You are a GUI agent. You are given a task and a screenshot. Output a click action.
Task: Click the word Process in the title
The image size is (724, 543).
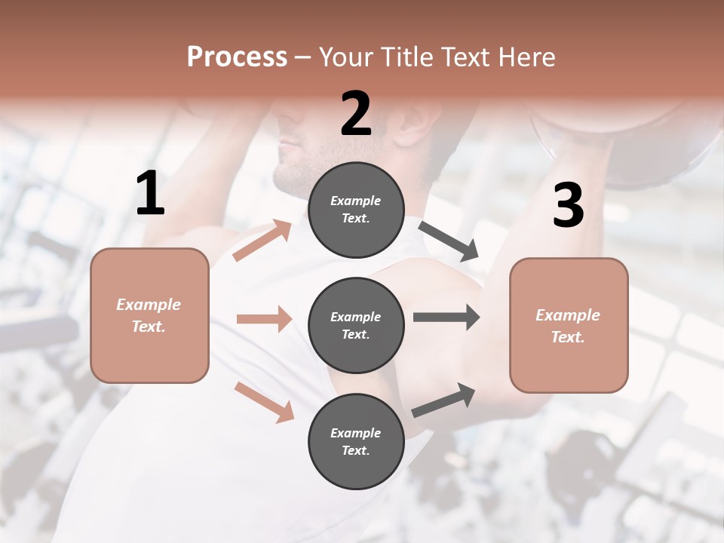click(x=237, y=57)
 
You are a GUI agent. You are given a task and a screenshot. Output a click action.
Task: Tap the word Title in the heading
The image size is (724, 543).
click(x=406, y=57)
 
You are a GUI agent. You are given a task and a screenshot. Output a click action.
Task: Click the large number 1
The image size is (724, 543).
click(x=150, y=194)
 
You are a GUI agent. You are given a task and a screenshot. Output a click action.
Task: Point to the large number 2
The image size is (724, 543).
click(x=356, y=114)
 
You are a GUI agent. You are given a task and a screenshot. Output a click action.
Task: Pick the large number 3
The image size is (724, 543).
click(x=568, y=206)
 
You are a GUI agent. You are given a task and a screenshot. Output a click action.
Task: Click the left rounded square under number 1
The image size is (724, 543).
click(x=149, y=315)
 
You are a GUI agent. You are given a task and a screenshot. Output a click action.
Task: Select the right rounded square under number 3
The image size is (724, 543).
click(x=569, y=325)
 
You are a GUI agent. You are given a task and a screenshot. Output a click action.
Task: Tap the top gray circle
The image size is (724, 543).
click(x=356, y=210)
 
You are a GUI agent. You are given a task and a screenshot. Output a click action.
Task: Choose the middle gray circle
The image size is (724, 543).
click(x=356, y=325)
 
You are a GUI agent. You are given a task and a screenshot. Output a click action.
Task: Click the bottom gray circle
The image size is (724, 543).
click(x=356, y=441)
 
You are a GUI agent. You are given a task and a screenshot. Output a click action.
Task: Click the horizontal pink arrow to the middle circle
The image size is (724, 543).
click(x=264, y=319)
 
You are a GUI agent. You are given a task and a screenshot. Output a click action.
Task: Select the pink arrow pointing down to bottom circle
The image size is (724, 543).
click(x=264, y=402)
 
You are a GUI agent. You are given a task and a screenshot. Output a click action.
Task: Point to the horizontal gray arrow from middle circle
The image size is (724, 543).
click(x=446, y=318)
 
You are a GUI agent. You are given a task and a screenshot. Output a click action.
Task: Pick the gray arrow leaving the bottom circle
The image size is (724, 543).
click(x=444, y=400)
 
